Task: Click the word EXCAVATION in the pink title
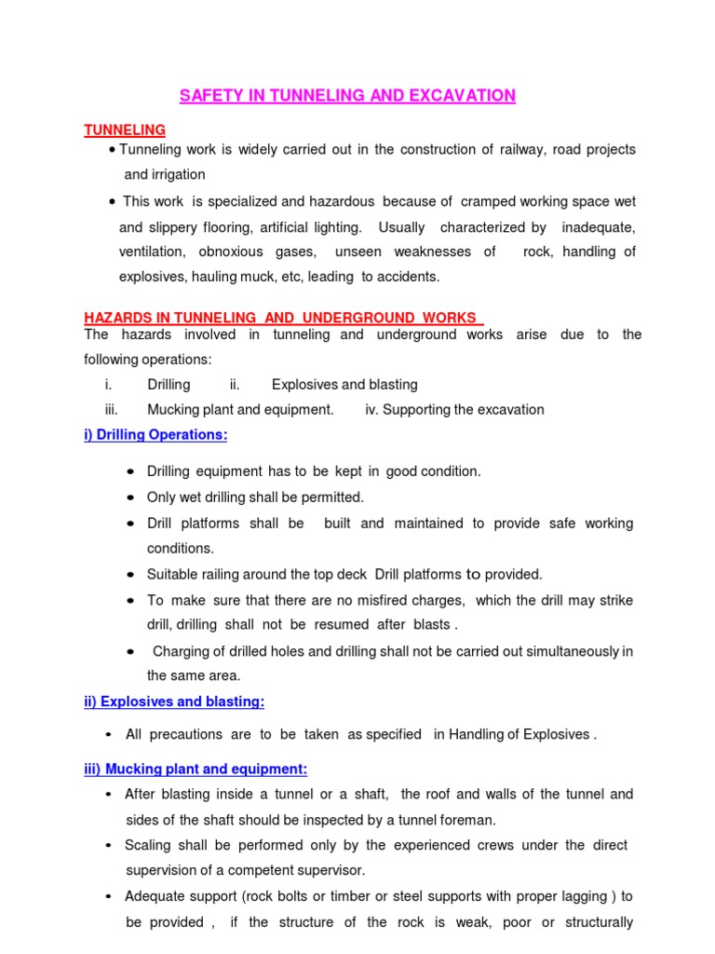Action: pyautogui.click(x=458, y=96)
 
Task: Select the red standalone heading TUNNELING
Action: pyautogui.click(x=125, y=130)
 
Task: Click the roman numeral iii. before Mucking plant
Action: pyautogui.click(x=112, y=410)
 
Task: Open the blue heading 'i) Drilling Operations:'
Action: pyautogui.click(x=155, y=435)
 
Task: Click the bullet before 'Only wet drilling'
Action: pyautogui.click(x=129, y=498)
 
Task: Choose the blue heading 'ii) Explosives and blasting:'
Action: pyautogui.click(x=174, y=702)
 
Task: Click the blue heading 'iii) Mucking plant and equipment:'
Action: pyautogui.click(x=196, y=769)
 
